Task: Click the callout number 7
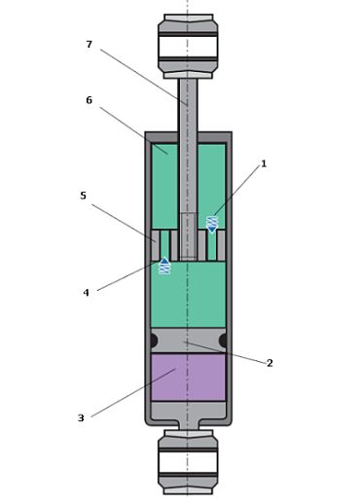coord(90,44)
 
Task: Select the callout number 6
coord(90,100)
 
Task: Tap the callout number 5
coord(84,196)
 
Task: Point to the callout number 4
coord(86,293)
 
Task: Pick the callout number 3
coord(81,417)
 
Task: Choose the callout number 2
coord(270,363)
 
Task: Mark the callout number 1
coord(264,163)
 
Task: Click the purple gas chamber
coord(188,378)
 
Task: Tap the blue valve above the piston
coord(212,225)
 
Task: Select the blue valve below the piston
coord(164,266)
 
